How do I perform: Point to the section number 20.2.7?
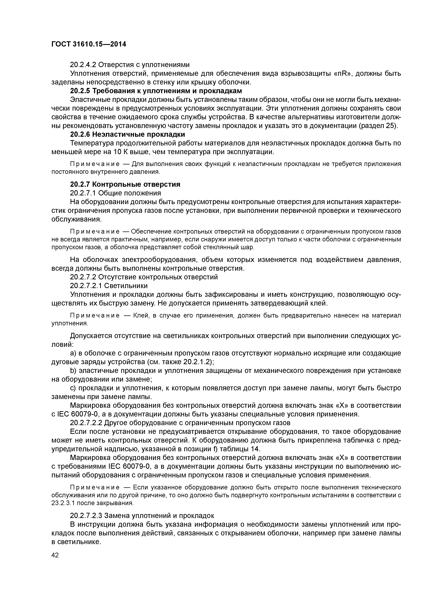click(80, 184)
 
